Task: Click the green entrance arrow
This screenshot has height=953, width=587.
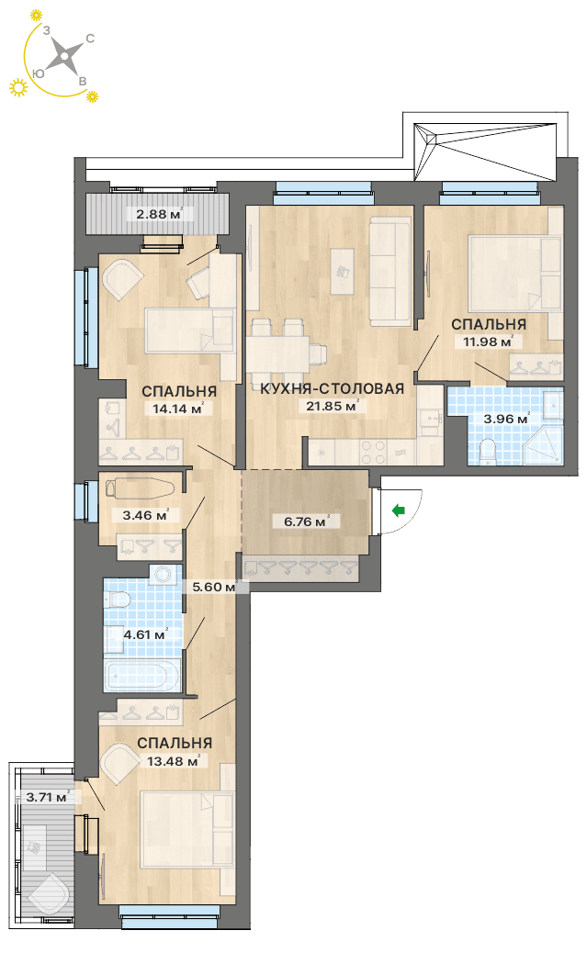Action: [x=399, y=510]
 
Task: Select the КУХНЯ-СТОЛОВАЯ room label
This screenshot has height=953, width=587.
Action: [x=333, y=389]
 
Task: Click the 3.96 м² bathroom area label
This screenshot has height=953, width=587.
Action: [x=506, y=419]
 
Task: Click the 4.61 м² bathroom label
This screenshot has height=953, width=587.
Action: [x=145, y=634]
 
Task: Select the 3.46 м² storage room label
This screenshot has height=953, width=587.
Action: [x=145, y=515]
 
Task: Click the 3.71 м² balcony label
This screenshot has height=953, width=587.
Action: [x=48, y=797]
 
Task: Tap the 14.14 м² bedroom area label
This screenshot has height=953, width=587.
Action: [x=177, y=409]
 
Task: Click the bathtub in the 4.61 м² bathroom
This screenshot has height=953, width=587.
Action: [x=142, y=675]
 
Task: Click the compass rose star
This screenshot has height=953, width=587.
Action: [x=64, y=56]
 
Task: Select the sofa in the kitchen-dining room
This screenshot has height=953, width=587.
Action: [x=390, y=274]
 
